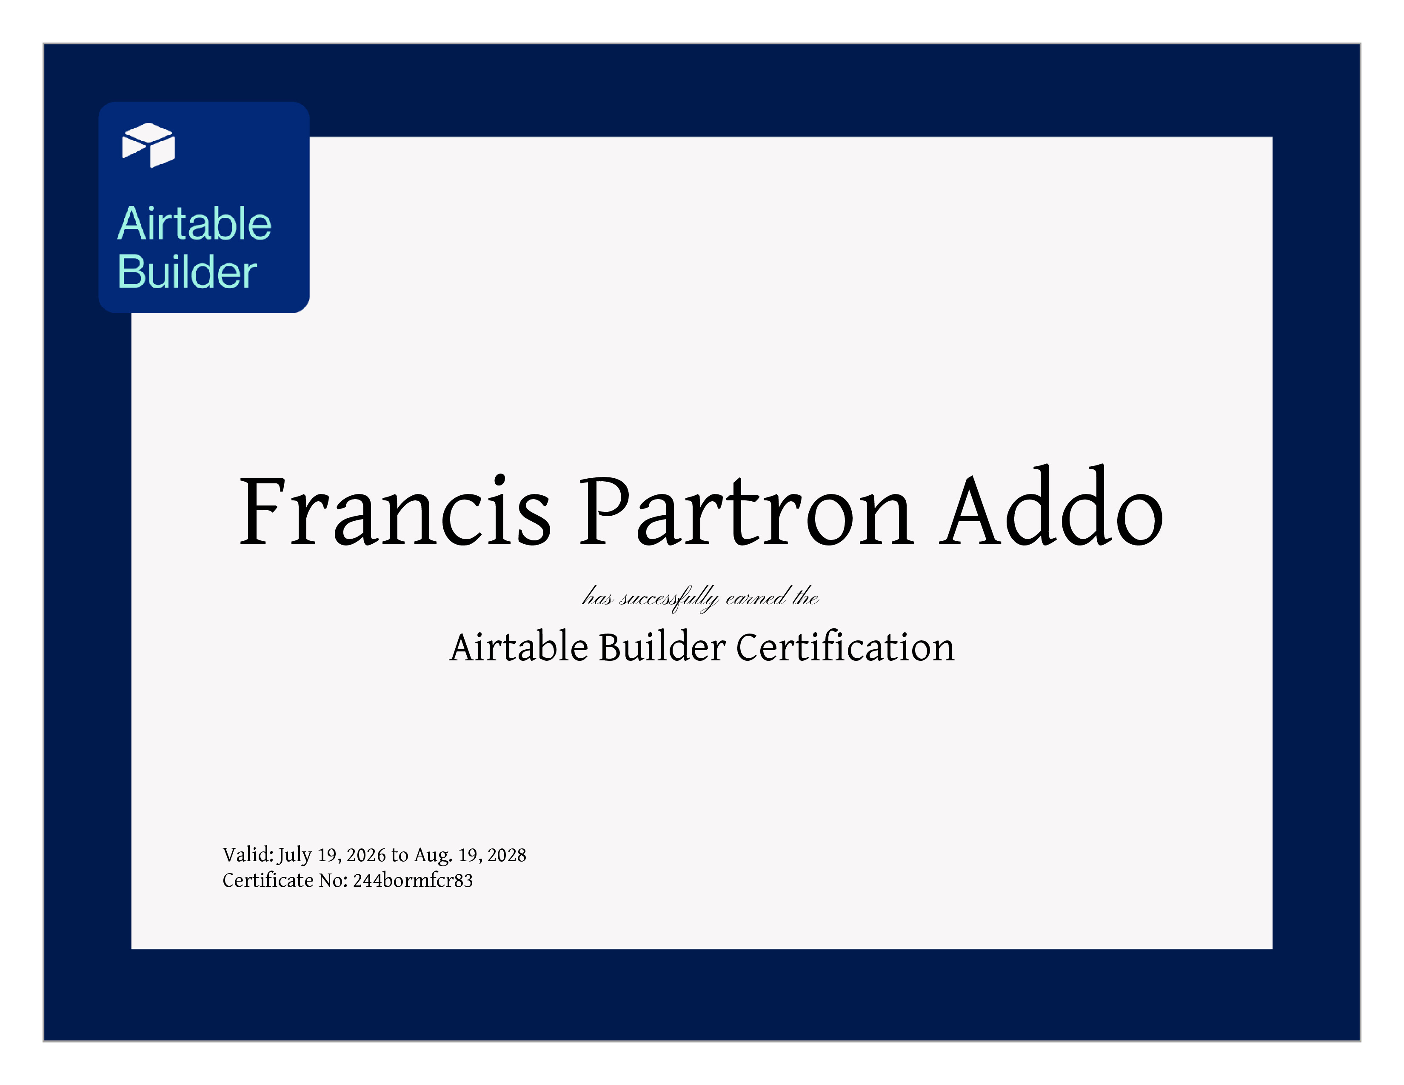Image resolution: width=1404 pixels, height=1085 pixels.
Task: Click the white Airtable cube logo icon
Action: click(148, 145)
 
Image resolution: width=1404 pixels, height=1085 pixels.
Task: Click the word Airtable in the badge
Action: click(194, 224)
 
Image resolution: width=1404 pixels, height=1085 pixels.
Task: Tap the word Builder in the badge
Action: click(187, 271)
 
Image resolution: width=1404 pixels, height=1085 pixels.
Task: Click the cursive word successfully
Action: click(668, 598)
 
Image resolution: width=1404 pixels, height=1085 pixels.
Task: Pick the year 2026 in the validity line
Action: click(366, 855)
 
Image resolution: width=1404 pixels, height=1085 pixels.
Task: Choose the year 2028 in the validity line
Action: click(507, 855)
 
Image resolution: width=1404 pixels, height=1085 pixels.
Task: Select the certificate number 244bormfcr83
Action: click(413, 880)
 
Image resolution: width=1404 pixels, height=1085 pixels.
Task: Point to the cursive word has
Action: click(597, 598)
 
